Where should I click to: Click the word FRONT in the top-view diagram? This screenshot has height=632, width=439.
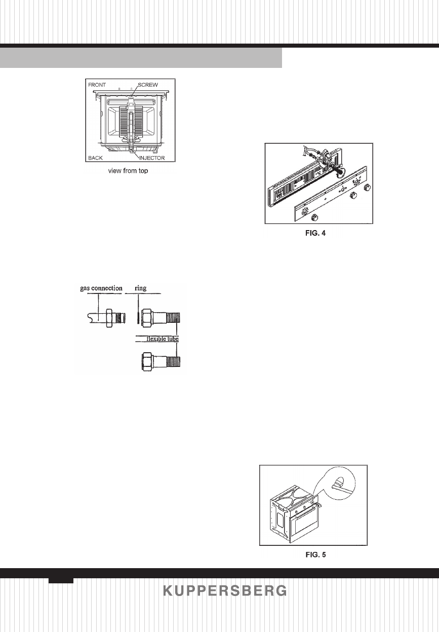pos(96,84)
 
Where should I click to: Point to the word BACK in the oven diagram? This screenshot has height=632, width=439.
pos(95,158)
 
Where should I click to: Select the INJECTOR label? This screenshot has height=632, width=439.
pos(153,158)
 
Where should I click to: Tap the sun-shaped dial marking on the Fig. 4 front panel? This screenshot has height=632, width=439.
pos(304,212)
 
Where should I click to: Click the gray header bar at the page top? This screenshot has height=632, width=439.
pos(141,58)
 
